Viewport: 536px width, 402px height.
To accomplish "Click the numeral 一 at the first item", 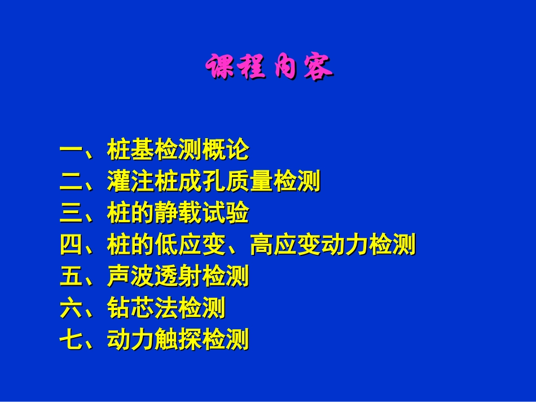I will [x=71, y=151].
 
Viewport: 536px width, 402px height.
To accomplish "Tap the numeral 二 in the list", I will [x=71, y=182].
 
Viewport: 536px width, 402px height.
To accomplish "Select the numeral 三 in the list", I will [x=71, y=214].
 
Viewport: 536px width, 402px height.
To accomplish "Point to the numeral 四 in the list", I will [x=71, y=245].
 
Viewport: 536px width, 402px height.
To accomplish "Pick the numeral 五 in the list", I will [x=71, y=277].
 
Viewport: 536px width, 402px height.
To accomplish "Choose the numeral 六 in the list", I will [x=71, y=308].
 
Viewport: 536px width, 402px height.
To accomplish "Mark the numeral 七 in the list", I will [x=71, y=340].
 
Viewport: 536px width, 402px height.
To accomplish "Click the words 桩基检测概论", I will [x=177, y=151].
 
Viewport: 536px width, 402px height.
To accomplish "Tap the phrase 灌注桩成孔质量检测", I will [x=213, y=182].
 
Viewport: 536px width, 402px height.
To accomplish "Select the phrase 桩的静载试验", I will [x=177, y=214].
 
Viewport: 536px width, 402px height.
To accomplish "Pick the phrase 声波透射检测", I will [x=177, y=277].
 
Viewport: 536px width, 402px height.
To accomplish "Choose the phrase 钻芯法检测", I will [x=165, y=308].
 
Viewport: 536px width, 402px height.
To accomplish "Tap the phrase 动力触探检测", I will [x=177, y=340].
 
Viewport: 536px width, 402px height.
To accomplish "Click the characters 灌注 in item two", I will [x=130, y=182].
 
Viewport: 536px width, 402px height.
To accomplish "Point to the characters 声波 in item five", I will [x=130, y=277].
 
